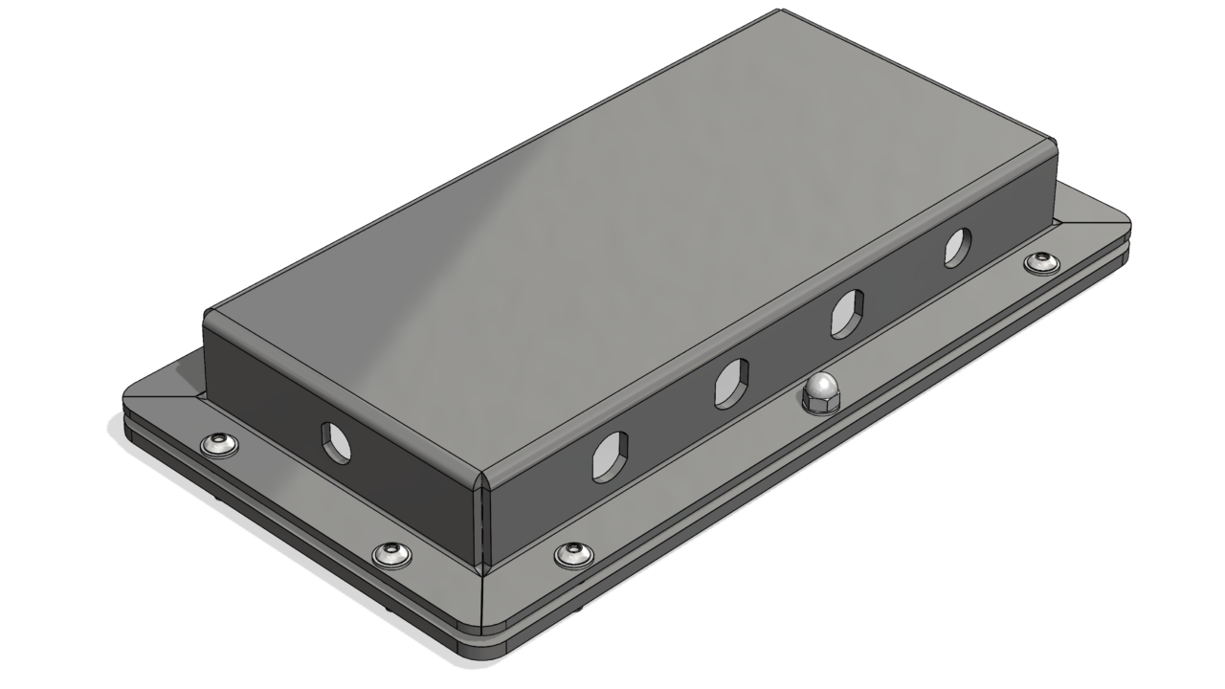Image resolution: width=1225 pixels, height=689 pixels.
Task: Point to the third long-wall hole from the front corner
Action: [x=847, y=311]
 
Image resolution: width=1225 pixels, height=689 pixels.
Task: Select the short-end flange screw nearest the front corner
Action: [x=390, y=552]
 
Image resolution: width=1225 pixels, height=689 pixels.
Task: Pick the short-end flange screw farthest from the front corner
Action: [x=219, y=444]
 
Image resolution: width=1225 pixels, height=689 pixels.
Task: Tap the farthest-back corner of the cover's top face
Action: [x=780, y=13]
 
